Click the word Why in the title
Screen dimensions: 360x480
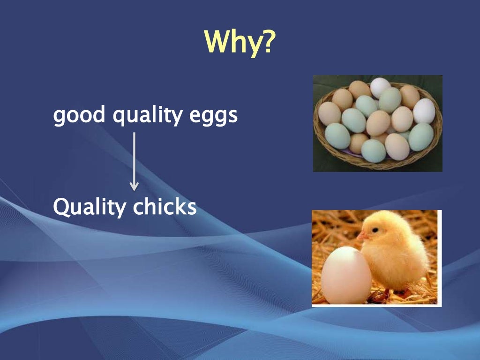pyautogui.click(x=232, y=42)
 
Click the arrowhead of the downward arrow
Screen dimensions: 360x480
pyautogui.click(x=134, y=186)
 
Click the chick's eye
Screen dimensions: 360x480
pyautogui.click(x=375, y=230)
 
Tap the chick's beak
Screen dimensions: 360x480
pyautogui.click(x=361, y=237)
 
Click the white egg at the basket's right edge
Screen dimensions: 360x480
pyautogui.click(x=424, y=111)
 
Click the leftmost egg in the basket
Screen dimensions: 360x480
pyautogui.click(x=329, y=113)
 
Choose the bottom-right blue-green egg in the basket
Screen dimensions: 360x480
pyautogui.click(x=420, y=136)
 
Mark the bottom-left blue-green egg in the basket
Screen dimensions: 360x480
pyautogui.click(x=337, y=136)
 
